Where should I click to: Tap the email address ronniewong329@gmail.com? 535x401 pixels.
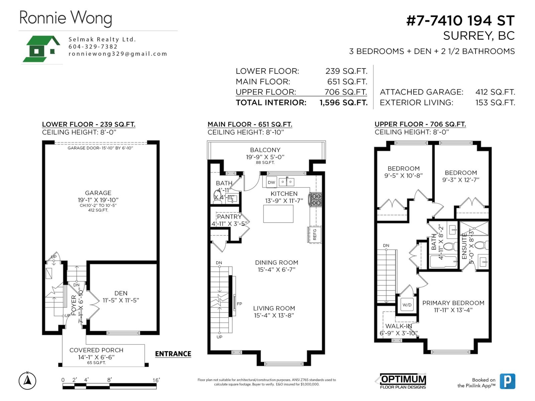[118, 54]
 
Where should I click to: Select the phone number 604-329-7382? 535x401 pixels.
[93, 47]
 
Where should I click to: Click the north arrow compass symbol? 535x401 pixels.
[27, 381]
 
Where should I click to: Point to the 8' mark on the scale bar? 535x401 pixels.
[109, 380]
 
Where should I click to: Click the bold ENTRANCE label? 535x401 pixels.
[173, 354]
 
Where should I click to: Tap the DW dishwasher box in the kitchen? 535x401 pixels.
[271, 182]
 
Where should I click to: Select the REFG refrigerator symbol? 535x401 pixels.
[314, 234]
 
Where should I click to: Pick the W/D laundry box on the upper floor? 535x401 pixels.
[407, 305]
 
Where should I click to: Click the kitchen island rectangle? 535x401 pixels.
[278, 214]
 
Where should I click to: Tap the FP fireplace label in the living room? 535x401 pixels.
[239, 304]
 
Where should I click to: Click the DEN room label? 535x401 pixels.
[121, 293]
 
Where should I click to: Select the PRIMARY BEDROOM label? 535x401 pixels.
[453, 303]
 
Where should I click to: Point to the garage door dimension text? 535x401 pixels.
[100, 148]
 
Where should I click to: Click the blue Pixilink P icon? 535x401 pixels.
[507, 381]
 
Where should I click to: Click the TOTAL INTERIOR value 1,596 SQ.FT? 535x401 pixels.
[343, 103]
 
